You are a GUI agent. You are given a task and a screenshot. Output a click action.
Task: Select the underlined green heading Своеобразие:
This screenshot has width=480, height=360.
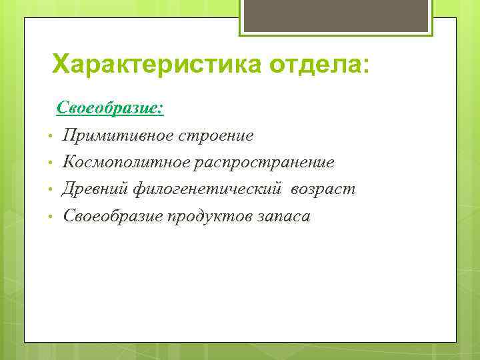point(111,107)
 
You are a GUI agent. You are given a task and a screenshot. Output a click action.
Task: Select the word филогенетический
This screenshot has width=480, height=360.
point(208,190)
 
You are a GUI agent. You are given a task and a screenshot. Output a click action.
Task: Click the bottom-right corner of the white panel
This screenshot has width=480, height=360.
point(455,341)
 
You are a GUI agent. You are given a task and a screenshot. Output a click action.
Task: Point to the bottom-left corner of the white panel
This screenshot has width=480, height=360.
point(25,341)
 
